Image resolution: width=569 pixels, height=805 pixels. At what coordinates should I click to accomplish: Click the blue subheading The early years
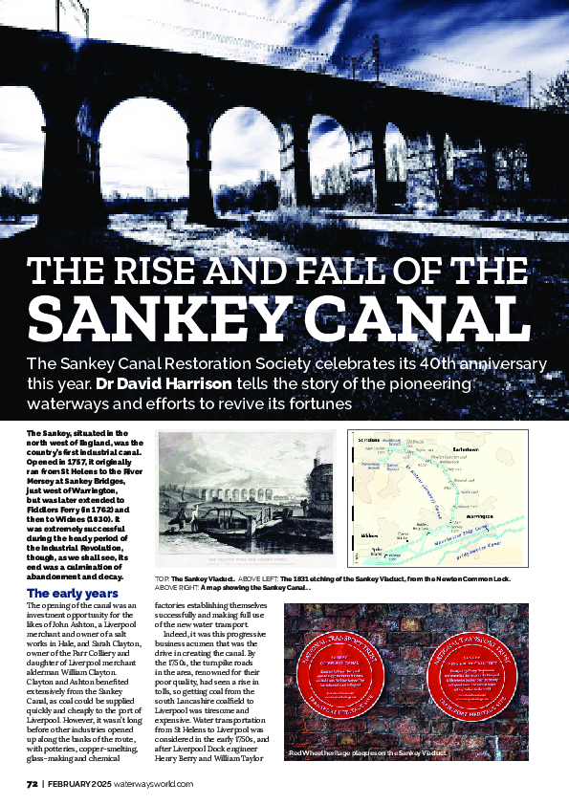click(73, 594)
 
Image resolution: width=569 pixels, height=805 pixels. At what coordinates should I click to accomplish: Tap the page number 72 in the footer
click(32, 783)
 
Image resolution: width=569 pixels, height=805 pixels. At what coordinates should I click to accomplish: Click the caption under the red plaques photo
click(368, 755)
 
